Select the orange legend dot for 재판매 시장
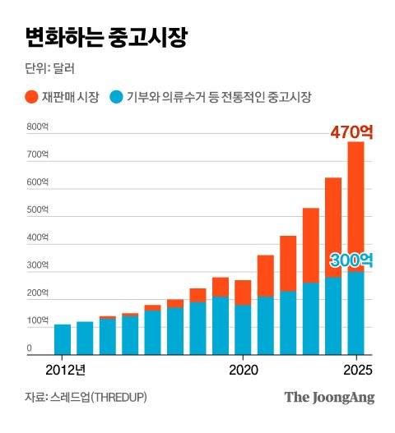click(x=31, y=97)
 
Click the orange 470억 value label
click(x=351, y=131)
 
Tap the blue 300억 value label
click(x=351, y=260)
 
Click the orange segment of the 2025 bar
click(x=355, y=205)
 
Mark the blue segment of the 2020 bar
click(x=243, y=329)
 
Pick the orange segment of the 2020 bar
click(x=243, y=293)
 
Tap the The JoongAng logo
click(x=329, y=398)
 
